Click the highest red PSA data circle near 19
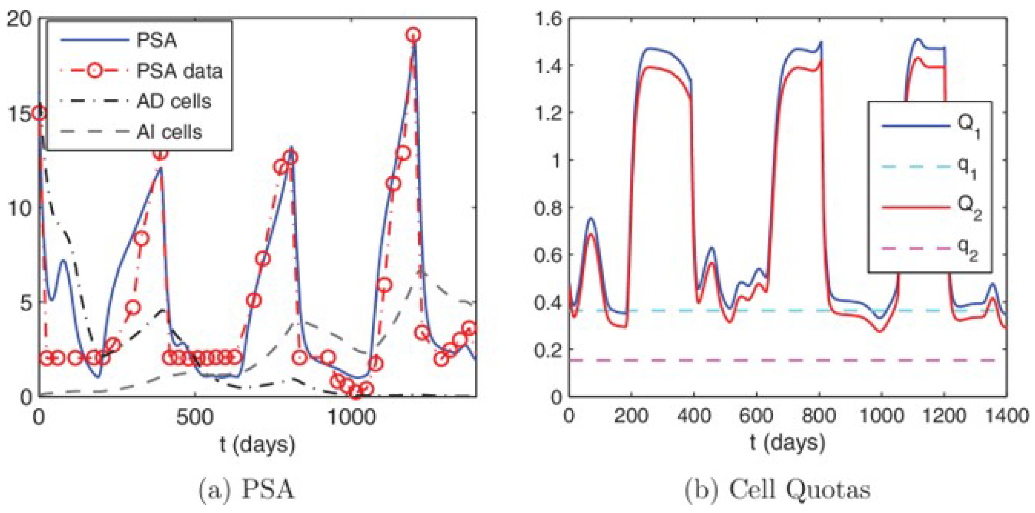point(413,35)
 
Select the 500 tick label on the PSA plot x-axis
point(195,417)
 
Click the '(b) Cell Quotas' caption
point(777,490)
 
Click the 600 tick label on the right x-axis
point(756,415)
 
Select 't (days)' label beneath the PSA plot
point(257,445)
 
